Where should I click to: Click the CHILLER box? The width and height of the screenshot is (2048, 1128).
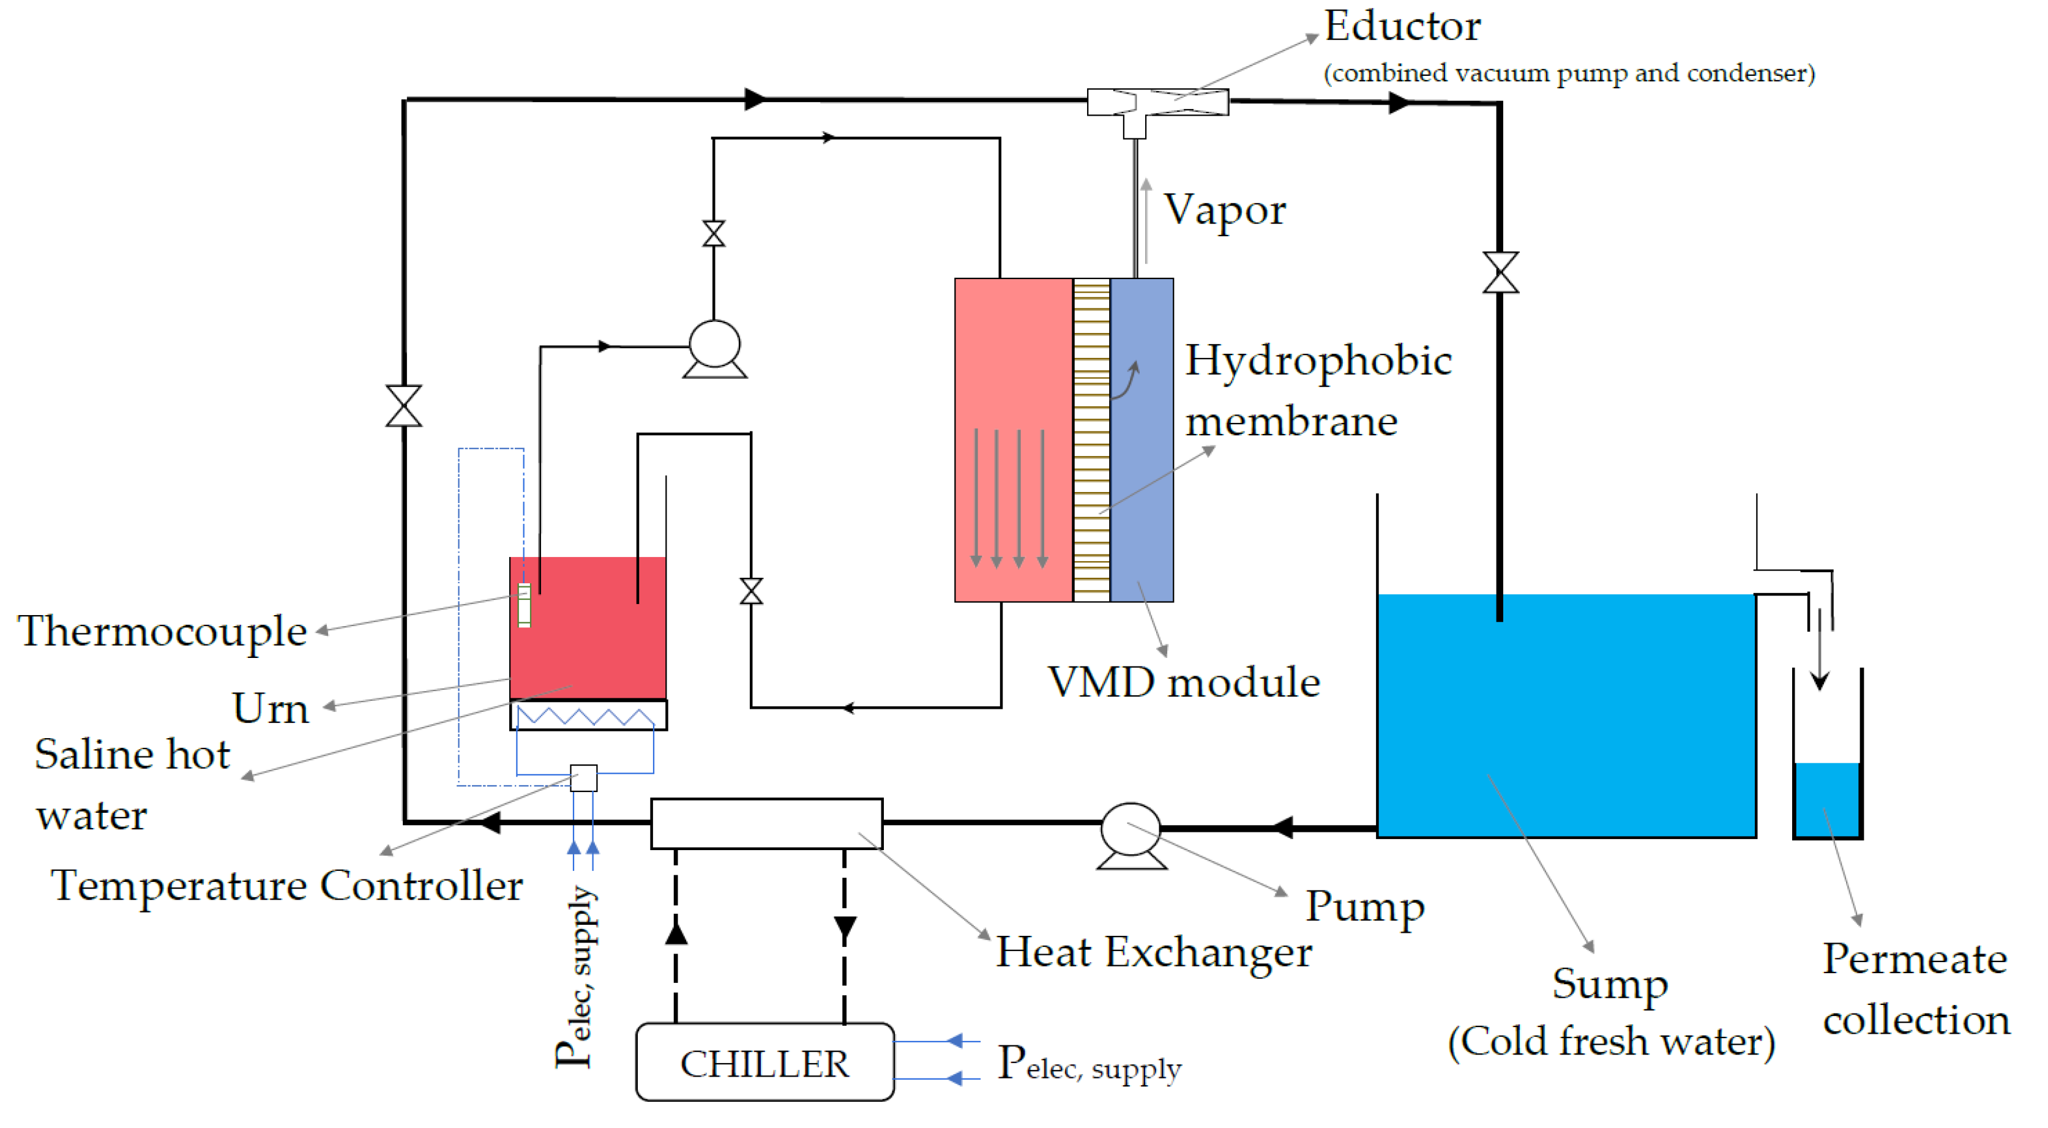(765, 1062)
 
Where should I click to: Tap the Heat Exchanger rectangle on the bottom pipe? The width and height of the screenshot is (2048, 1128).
(766, 824)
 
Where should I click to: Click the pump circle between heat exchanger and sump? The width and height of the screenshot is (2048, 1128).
(1131, 829)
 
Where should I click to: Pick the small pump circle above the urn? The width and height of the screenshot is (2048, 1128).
(714, 344)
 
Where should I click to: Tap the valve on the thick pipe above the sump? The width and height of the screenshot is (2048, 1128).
(1500, 272)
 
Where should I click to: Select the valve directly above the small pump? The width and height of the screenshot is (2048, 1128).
(714, 234)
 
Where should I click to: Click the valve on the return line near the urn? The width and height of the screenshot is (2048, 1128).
(751, 591)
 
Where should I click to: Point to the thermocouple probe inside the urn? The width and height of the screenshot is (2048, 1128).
(525, 606)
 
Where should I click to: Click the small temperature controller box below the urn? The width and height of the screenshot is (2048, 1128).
(583, 777)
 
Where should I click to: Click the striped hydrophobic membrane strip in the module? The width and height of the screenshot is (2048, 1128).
(1091, 439)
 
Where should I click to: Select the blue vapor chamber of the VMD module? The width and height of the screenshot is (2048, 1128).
(1142, 439)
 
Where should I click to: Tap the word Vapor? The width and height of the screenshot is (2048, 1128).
(1224, 210)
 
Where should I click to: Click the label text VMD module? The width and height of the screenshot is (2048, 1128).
(1184, 682)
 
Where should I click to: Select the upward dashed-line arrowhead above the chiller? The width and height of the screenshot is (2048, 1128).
(676, 932)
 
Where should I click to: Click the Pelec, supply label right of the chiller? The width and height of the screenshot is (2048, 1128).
(1089, 1064)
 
